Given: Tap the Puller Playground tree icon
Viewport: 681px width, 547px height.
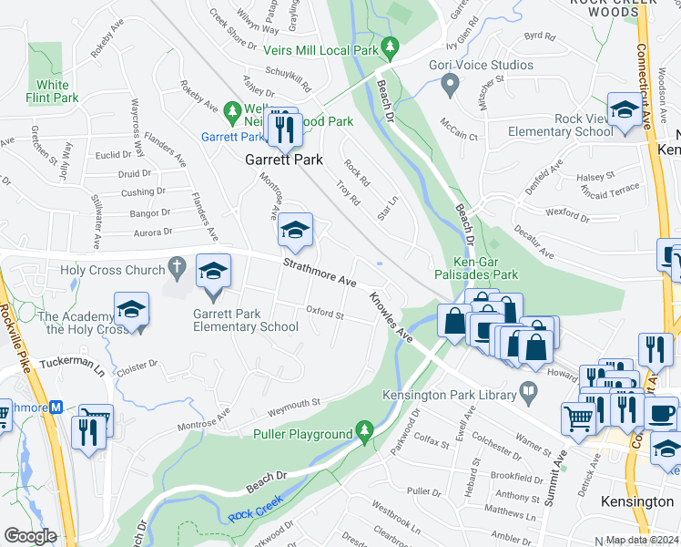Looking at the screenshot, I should pos(365,429).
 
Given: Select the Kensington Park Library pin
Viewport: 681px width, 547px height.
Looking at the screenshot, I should pos(527,393).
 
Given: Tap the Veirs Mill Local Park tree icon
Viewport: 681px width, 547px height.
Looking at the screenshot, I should pos(391,45).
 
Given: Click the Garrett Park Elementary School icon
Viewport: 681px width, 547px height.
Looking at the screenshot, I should pos(214,272).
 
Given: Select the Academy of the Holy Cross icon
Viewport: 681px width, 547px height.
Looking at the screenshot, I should pos(131,310).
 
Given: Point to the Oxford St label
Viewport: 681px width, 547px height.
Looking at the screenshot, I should pos(324,315).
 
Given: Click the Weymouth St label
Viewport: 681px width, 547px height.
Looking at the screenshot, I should pos(292,402).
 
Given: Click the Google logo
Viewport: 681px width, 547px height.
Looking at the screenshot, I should pos(30,536).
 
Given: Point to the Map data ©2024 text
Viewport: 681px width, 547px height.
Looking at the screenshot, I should pos(642,540).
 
